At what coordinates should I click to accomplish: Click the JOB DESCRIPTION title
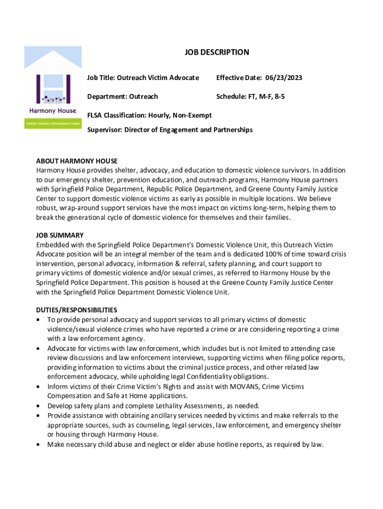(217, 52)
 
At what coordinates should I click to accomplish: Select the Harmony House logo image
(53, 88)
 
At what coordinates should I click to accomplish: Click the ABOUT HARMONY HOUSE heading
(77, 161)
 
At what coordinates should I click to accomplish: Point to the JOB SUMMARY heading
(60, 235)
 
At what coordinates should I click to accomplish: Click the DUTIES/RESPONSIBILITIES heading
(77, 310)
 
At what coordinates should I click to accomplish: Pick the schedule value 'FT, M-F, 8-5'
(267, 96)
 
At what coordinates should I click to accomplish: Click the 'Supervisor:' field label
(104, 130)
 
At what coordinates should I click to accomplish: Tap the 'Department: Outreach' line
(122, 96)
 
